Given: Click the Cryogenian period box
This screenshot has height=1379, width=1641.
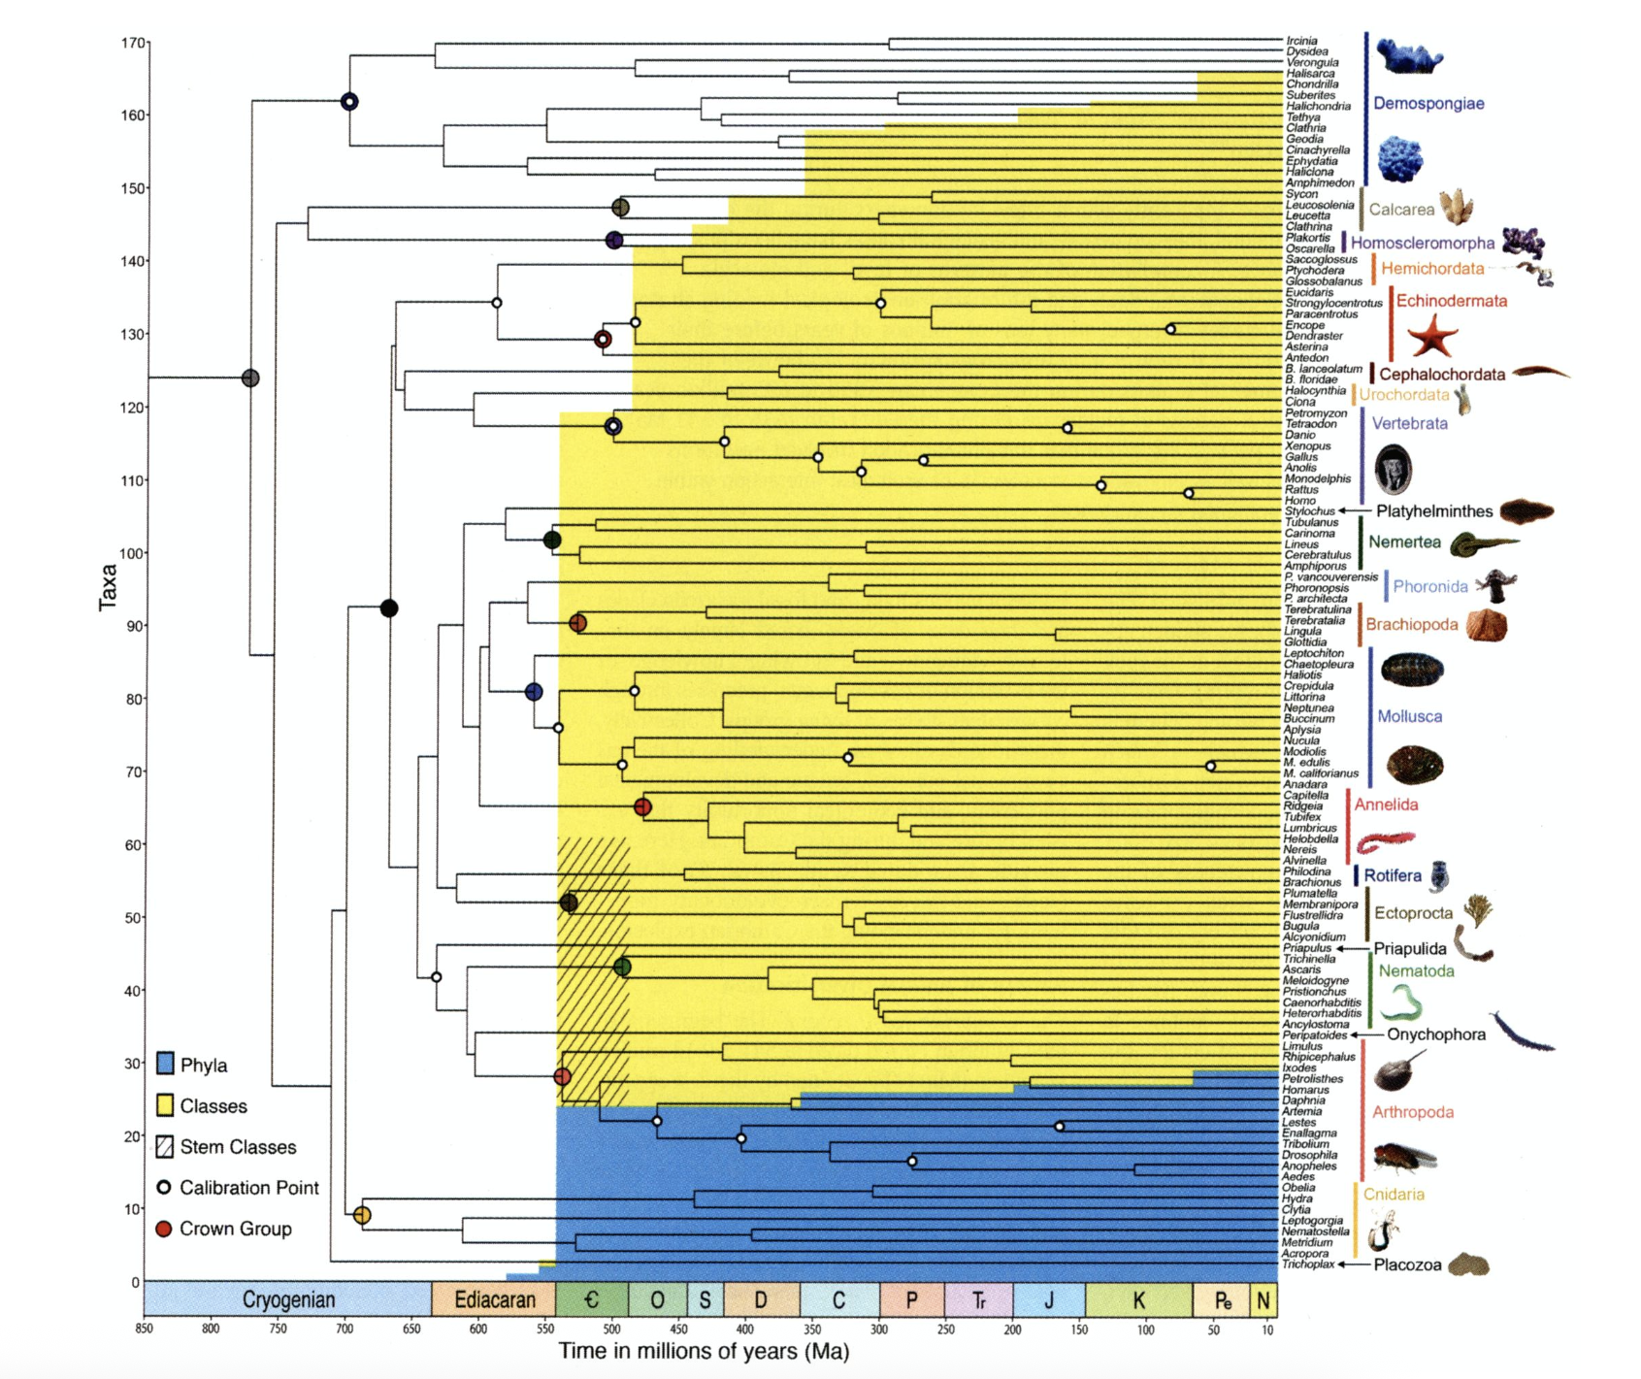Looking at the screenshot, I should (x=288, y=1299).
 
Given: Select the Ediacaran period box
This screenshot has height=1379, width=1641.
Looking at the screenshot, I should (x=494, y=1299).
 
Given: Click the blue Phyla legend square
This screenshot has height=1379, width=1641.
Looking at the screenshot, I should (x=165, y=1064).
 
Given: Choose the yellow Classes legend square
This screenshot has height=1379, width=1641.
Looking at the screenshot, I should (x=165, y=1105).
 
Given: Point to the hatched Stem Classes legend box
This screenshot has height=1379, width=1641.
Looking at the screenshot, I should (x=165, y=1146).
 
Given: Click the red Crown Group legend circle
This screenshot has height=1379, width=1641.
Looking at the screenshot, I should (x=164, y=1229).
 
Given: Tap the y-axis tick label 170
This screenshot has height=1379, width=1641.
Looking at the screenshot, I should (x=133, y=43).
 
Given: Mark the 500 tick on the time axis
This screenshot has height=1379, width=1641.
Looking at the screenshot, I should (x=611, y=1330).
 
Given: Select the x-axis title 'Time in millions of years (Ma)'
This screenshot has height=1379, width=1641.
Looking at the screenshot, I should (x=704, y=1351).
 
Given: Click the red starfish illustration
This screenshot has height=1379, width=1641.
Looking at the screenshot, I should (x=1432, y=337).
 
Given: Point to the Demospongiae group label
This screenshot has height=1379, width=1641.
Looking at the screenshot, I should (x=1428, y=104).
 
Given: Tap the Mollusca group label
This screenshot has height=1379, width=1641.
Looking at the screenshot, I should (x=1409, y=716).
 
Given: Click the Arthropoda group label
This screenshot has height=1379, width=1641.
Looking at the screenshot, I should (x=1412, y=1112).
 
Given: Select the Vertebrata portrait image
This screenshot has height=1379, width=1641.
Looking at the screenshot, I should (x=1394, y=469).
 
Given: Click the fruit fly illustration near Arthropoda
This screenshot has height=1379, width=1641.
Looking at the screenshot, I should (x=1404, y=1157).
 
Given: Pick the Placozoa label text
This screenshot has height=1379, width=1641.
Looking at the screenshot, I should (x=1407, y=1265).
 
